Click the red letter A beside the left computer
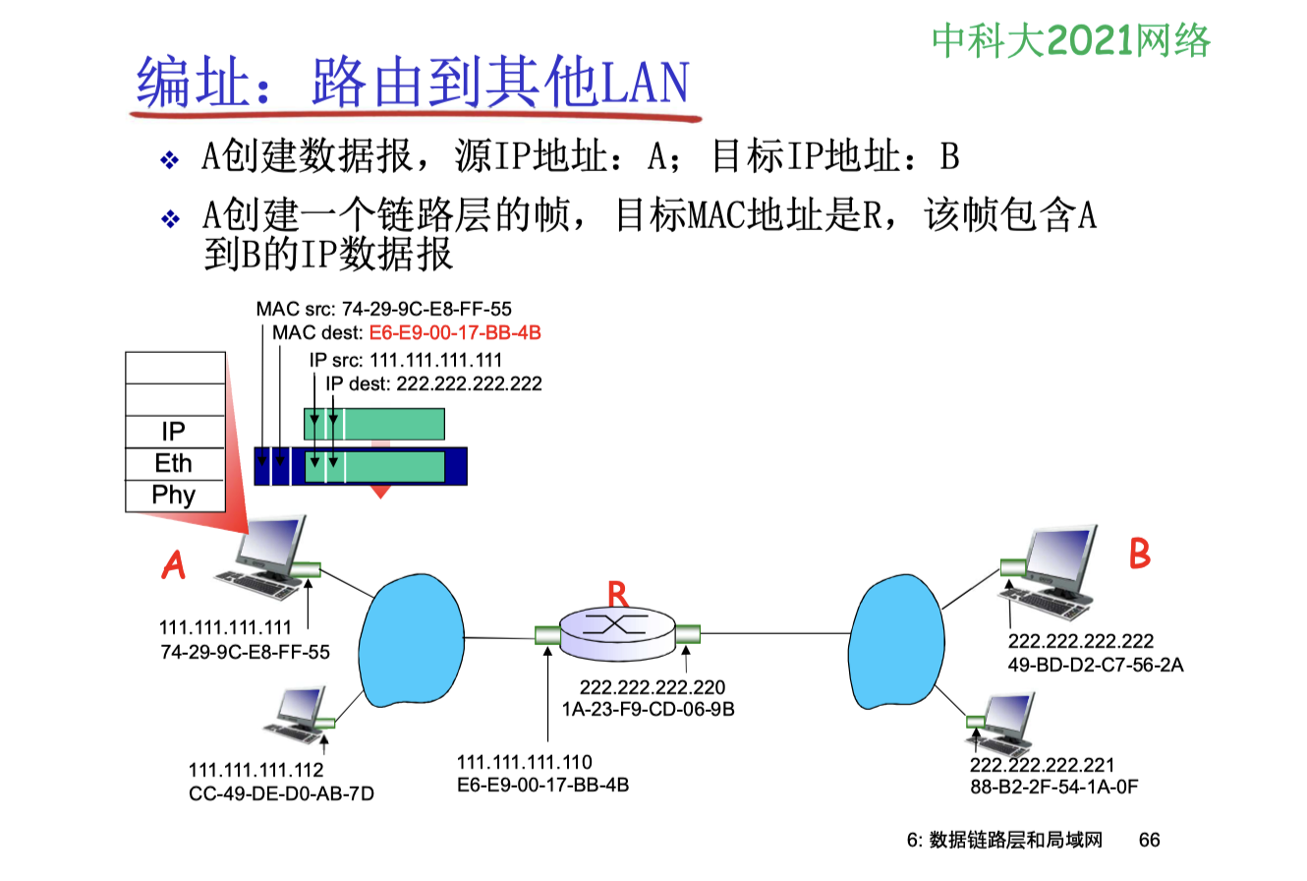(x=173, y=564)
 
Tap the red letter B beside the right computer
(x=1139, y=553)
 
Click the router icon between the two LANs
(x=617, y=633)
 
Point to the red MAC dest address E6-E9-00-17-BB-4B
(x=455, y=332)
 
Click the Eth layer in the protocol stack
(x=175, y=463)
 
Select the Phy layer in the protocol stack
(x=175, y=496)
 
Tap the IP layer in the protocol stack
(x=175, y=432)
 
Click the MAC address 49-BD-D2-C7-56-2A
(x=1095, y=665)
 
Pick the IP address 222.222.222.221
(x=1042, y=765)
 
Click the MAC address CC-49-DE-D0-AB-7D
(x=281, y=794)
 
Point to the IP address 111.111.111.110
(x=524, y=762)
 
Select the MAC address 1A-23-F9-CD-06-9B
(x=648, y=709)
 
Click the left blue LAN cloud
(x=412, y=640)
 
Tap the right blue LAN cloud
(x=896, y=642)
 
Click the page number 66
(x=1149, y=840)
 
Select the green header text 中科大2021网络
(x=1071, y=41)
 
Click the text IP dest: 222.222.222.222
(x=433, y=383)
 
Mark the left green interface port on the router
(x=547, y=634)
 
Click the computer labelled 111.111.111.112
(x=299, y=717)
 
